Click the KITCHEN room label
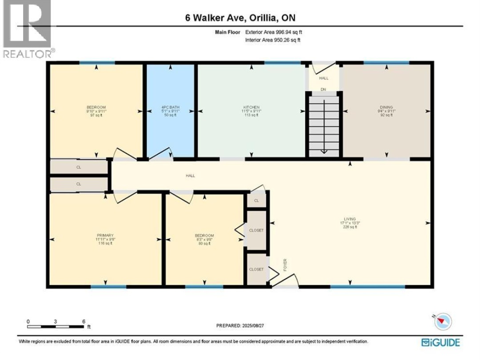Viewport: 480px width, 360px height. (x=251, y=108)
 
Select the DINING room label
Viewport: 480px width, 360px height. (x=386, y=108)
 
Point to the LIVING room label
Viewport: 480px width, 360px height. (x=350, y=219)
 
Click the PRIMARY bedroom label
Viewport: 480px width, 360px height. (x=105, y=236)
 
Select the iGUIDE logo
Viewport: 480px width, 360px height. (x=440, y=342)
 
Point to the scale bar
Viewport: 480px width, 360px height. (x=56, y=327)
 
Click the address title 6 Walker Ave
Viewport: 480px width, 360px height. (x=240, y=18)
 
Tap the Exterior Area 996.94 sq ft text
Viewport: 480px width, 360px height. (x=274, y=32)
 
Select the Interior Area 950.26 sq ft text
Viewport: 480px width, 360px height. (x=273, y=40)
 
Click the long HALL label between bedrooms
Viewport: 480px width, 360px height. (x=190, y=176)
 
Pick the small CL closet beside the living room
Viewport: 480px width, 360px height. (x=256, y=201)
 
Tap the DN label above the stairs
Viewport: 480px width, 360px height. (x=324, y=89)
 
